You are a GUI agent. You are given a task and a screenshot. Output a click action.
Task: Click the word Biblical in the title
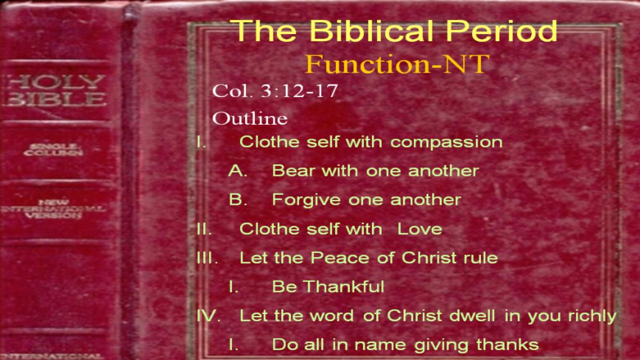click(x=371, y=30)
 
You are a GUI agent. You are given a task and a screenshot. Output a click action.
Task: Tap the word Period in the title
click(x=501, y=30)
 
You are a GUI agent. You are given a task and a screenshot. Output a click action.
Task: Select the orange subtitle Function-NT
click(x=397, y=64)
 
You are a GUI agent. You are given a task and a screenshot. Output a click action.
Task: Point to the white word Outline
click(x=250, y=118)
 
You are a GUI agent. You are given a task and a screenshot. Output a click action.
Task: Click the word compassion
click(x=446, y=142)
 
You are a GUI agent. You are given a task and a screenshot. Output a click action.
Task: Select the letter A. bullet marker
click(x=238, y=171)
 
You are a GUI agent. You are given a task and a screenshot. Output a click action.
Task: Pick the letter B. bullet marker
click(x=238, y=199)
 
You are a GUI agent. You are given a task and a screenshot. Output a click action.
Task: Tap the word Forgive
click(x=306, y=200)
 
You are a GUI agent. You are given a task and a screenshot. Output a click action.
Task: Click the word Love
click(x=420, y=229)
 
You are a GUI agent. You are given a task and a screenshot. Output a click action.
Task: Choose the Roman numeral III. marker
click(x=207, y=258)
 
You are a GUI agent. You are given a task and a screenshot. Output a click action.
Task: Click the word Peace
click(x=340, y=258)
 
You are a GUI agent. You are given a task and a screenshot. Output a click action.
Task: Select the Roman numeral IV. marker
click(x=209, y=315)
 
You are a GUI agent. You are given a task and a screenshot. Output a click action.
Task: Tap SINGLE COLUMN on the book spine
click(x=53, y=150)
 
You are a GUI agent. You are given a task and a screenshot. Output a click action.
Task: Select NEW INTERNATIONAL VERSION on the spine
click(x=53, y=209)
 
